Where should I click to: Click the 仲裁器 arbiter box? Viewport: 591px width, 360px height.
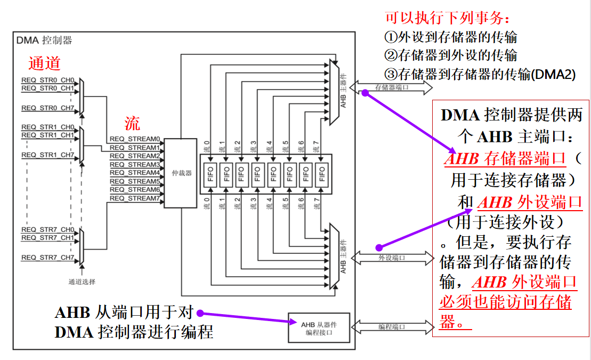pos(181,173)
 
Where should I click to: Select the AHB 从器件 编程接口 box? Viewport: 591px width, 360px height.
pos(319,328)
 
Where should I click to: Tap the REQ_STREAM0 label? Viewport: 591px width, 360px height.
pos(135,139)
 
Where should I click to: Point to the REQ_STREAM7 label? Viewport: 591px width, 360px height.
pos(135,198)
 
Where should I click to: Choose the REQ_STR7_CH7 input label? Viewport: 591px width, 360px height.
pos(47,258)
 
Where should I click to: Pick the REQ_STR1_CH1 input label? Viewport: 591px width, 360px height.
pos(47,135)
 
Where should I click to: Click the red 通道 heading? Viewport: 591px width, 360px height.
pos(44,63)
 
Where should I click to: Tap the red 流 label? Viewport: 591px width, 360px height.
pos(132,124)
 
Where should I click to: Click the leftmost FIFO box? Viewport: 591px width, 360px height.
pos(209,174)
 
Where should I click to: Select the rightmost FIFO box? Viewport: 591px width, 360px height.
pos(321,174)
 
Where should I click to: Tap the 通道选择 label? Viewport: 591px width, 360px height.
pos(82,282)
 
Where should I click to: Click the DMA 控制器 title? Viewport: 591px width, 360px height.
pos(44,40)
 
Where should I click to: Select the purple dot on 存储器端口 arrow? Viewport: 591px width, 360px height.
pos(366,92)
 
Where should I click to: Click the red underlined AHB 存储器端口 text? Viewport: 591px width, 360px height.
pos(505,158)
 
